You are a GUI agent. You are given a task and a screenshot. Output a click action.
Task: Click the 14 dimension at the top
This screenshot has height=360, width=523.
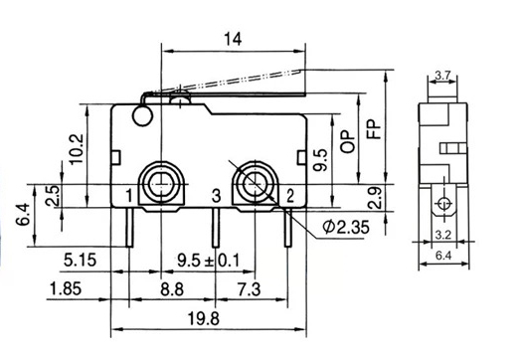coord(233,39)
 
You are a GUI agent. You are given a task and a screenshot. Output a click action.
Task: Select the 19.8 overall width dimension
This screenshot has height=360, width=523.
coord(204,318)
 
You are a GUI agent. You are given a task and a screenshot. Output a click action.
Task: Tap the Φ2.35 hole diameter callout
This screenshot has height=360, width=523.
coord(346,227)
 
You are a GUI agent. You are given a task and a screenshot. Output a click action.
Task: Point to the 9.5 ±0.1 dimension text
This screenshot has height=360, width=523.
coord(209,261)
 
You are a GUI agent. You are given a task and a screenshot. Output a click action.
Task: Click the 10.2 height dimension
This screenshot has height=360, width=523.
coord(76,149)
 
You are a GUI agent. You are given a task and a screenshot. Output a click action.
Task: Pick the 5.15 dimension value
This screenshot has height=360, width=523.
coord(81,260)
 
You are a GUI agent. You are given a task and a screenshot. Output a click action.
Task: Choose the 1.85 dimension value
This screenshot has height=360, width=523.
coord(66,288)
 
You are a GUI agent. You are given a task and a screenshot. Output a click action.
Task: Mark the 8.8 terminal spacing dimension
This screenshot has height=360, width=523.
coord(172,289)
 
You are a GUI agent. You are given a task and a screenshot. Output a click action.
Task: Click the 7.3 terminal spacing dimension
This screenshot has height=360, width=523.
coord(249,289)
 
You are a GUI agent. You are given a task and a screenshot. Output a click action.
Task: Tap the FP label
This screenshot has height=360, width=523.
coord(374,129)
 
